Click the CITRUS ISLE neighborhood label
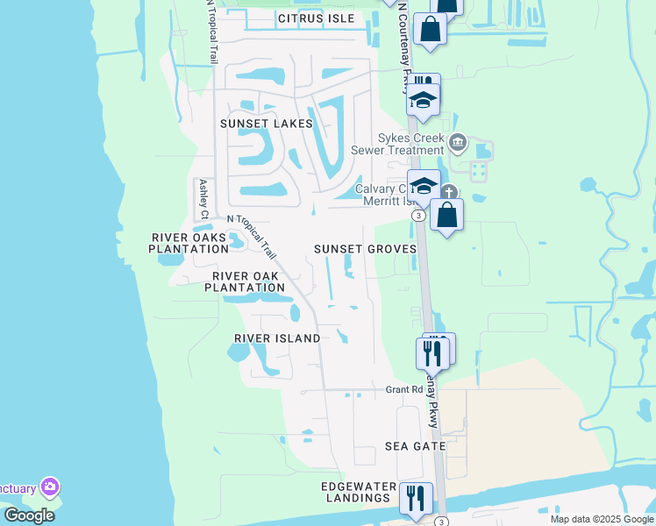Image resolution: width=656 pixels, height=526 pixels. [x=317, y=18]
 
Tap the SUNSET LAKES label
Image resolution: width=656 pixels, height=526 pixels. [x=266, y=124]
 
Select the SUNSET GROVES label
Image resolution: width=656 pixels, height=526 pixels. [x=365, y=249]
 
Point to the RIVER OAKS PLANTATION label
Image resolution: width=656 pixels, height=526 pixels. [x=189, y=243]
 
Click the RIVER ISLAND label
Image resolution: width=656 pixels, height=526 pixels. [x=277, y=338]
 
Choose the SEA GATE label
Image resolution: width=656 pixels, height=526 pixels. [x=416, y=446]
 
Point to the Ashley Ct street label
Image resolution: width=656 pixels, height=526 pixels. [x=203, y=199]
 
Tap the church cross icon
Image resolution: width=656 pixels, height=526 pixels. [x=448, y=193]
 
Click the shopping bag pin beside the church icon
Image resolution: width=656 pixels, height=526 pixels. [x=446, y=214]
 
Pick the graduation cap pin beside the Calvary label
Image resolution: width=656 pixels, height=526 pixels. [x=424, y=186]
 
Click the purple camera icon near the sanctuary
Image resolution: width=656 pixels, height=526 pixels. [x=49, y=486]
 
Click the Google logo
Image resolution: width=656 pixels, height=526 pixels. [x=29, y=515]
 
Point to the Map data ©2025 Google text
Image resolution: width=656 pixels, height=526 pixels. [x=601, y=519]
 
